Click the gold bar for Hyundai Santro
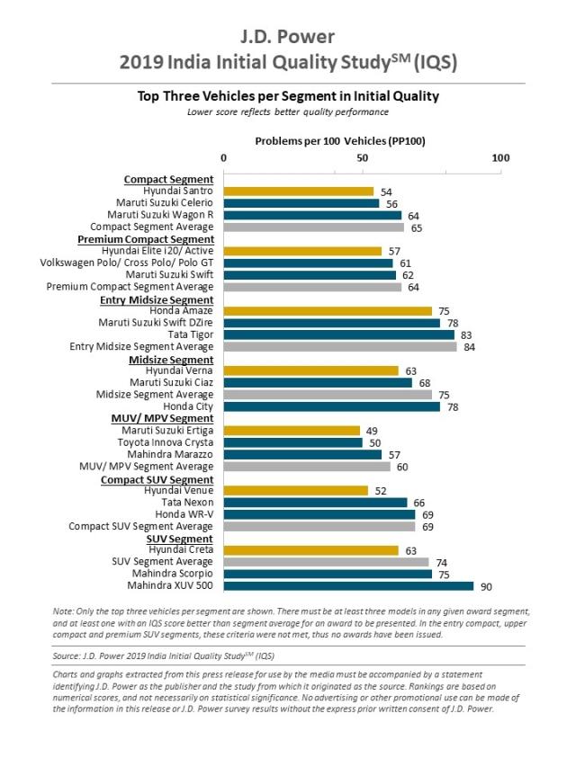click(298, 192)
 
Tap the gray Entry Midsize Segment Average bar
click(340, 346)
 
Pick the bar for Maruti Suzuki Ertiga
click(292, 431)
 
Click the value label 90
click(485, 587)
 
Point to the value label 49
click(372, 431)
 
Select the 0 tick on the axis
click(224, 158)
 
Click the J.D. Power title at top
click(287, 36)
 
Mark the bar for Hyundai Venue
click(296, 491)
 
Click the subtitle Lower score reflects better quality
click(287, 111)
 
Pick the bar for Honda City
click(332, 406)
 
